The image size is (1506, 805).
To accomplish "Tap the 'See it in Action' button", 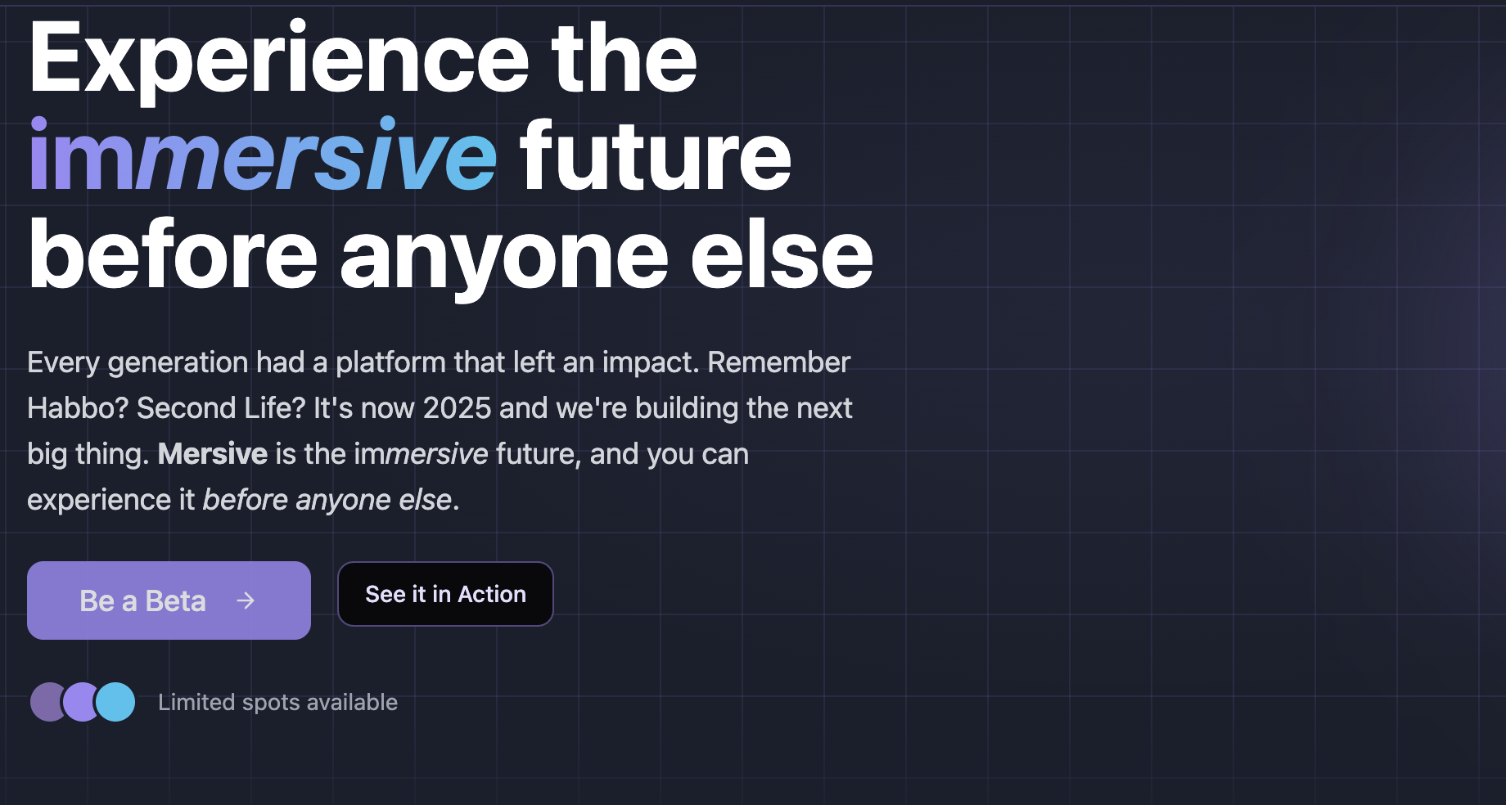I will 445,595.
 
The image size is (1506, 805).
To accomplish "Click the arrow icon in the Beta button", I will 246,601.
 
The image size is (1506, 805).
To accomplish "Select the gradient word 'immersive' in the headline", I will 262,157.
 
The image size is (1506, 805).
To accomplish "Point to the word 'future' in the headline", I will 655,157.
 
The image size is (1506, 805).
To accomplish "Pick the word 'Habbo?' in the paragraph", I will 78,408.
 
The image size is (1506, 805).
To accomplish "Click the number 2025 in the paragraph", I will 457,408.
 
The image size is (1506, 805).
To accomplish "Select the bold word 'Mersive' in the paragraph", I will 212,454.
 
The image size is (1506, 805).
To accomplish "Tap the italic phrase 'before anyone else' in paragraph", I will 327,500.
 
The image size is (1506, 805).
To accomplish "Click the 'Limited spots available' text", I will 277,703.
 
